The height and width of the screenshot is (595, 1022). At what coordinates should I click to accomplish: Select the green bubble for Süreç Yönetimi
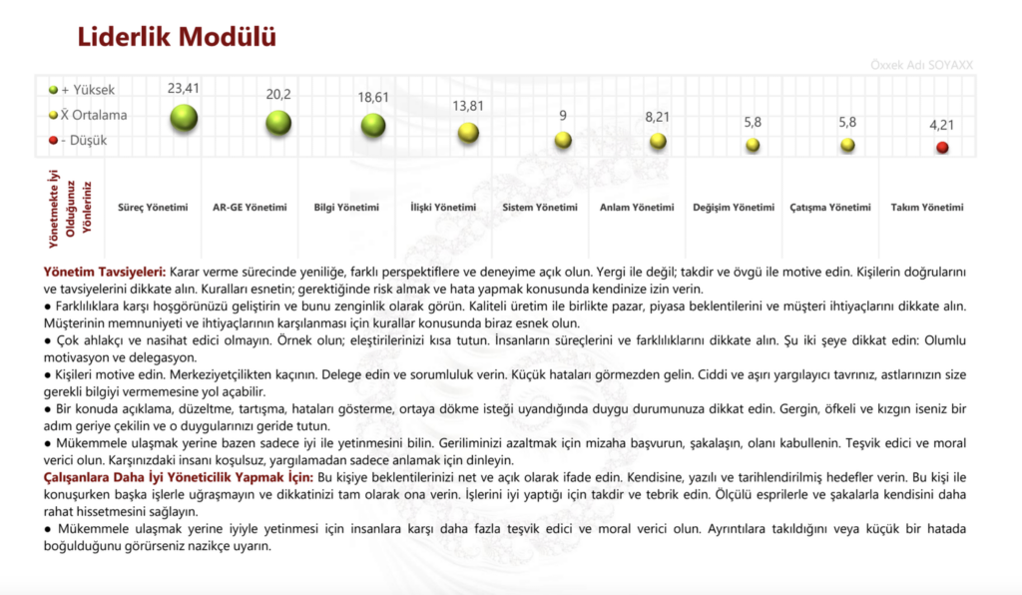click(x=184, y=118)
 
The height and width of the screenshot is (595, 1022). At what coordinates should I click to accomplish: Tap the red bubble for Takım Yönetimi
click(x=942, y=148)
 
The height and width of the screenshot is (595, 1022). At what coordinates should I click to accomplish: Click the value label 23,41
click(x=184, y=88)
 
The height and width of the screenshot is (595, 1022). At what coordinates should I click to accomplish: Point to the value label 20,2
click(x=278, y=94)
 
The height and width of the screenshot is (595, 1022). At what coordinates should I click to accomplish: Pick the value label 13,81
click(x=468, y=106)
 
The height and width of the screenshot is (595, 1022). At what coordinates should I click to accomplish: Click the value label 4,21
click(x=942, y=126)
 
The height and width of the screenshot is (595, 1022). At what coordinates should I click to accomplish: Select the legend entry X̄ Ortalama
click(x=87, y=115)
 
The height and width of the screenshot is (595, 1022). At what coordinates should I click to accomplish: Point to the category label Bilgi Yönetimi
click(x=341, y=208)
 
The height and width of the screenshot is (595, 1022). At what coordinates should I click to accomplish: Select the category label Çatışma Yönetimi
click(x=830, y=208)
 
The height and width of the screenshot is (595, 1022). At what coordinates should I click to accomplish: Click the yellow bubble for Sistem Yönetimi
click(x=563, y=140)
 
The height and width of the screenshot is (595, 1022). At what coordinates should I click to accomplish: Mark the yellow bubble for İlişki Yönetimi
click(x=468, y=132)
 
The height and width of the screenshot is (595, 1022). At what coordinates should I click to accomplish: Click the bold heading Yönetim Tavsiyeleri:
click(x=105, y=271)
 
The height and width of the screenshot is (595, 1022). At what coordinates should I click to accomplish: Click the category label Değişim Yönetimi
click(x=734, y=208)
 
